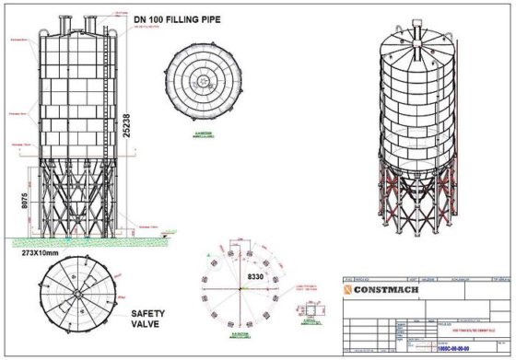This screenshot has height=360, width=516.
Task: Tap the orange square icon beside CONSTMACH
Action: click(349, 290)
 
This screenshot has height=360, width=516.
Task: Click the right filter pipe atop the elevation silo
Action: click(91, 22)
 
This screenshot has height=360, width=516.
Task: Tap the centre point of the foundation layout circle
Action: click(240, 288)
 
